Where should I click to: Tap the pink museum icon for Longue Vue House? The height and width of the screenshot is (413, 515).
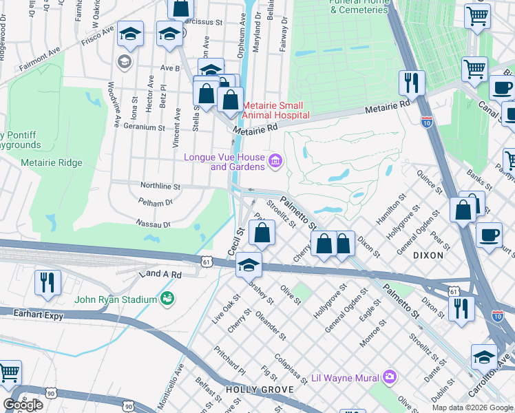point(275,161)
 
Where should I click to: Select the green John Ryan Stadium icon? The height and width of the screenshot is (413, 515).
point(166,298)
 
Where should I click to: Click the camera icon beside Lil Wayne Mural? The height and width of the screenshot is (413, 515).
point(390,376)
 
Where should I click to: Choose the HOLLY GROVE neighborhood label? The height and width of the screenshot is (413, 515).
point(251,390)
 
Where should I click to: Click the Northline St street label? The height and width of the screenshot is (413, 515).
point(160,187)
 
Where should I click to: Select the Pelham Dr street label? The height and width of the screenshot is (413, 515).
point(155,203)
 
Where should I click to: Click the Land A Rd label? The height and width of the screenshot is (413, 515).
point(160,274)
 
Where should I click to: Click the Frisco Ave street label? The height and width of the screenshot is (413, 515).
point(97,34)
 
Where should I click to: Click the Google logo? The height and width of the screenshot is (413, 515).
point(23,405)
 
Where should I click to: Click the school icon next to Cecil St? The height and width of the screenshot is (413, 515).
point(249,264)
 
